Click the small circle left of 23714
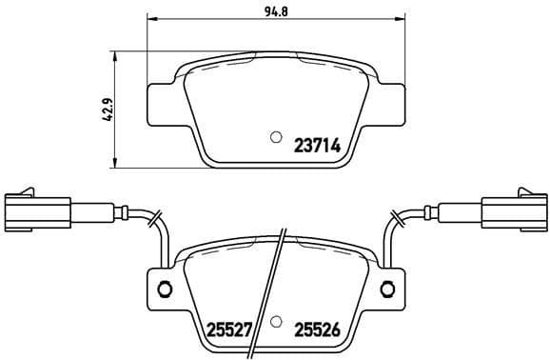[276, 137]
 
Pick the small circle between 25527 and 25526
[276, 323]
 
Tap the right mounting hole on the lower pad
[386, 289]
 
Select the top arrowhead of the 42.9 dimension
[116, 55]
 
